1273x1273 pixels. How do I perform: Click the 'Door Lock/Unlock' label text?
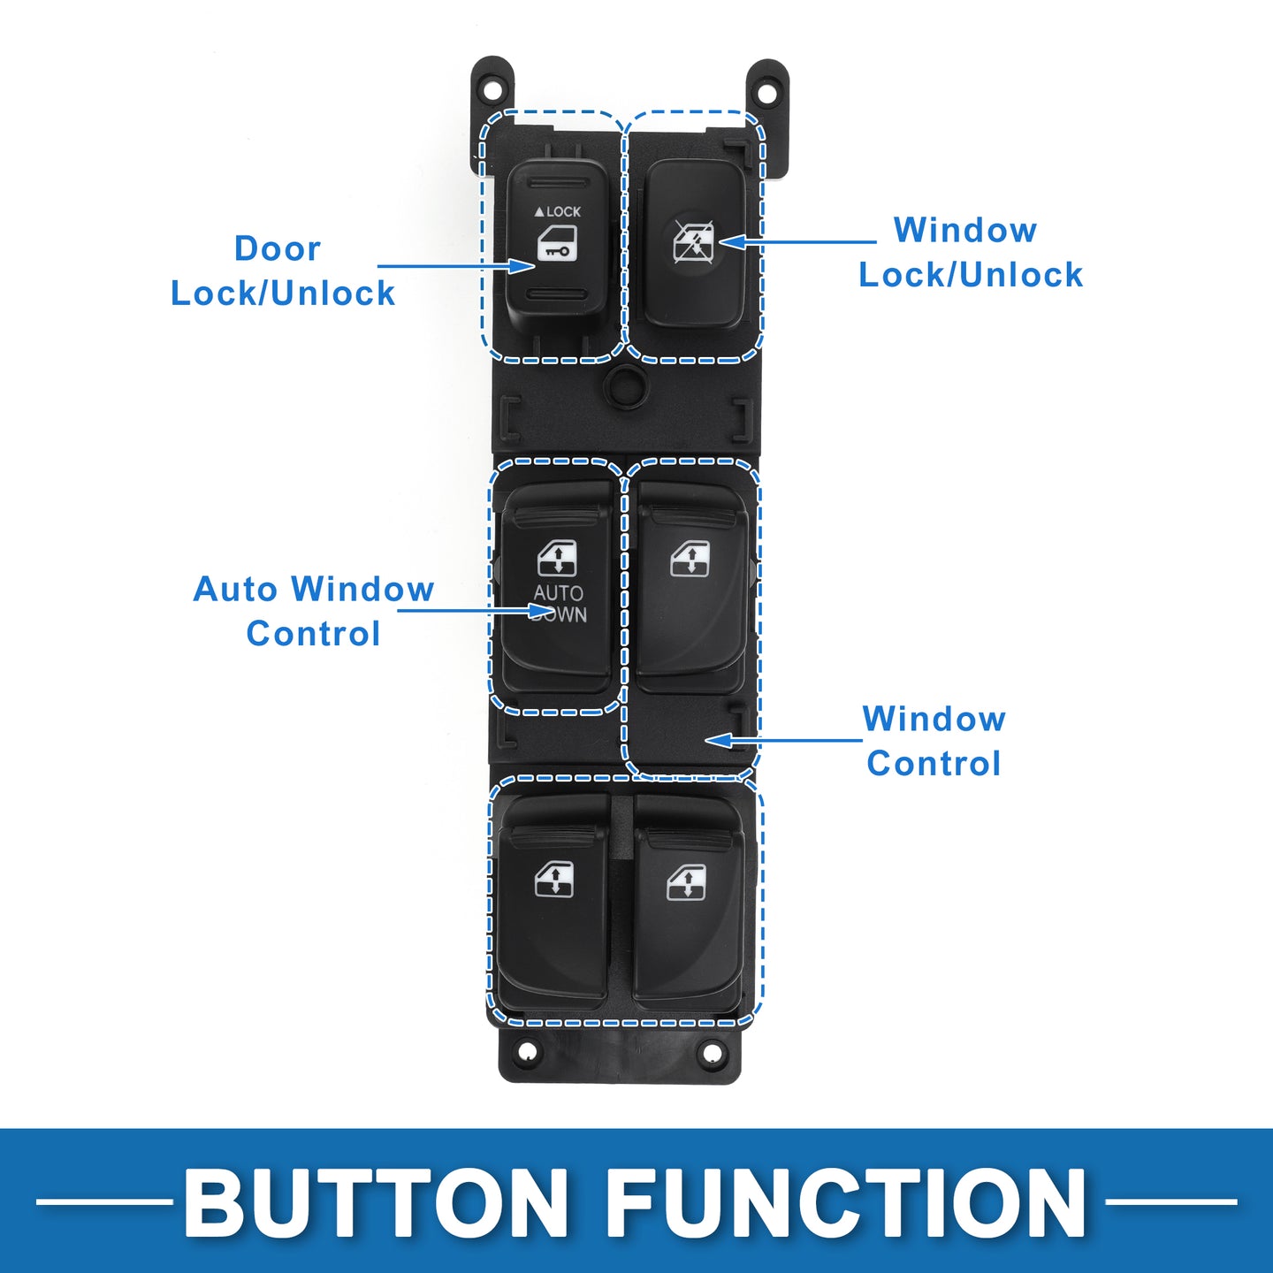click(283, 271)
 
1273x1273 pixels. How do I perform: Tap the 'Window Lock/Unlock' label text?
click(971, 252)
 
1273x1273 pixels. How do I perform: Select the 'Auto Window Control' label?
click(313, 611)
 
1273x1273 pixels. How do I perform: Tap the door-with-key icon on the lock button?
click(556, 243)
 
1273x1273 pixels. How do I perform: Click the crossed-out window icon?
click(693, 241)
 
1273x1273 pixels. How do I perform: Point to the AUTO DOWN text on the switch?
click(559, 604)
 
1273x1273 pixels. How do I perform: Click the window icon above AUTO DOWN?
click(557, 558)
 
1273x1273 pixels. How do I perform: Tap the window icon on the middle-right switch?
click(690, 558)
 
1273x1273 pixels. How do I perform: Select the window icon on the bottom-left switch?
click(554, 880)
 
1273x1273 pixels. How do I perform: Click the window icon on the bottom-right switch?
click(686, 883)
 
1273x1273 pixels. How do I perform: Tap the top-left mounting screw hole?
click(492, 87)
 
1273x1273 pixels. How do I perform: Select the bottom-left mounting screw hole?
click(526, 1051)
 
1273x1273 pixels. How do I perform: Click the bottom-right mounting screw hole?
click(712, 1052)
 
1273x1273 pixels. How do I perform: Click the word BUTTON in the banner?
click(375, 1202)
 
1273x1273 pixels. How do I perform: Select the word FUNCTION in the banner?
click(846, 1202)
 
